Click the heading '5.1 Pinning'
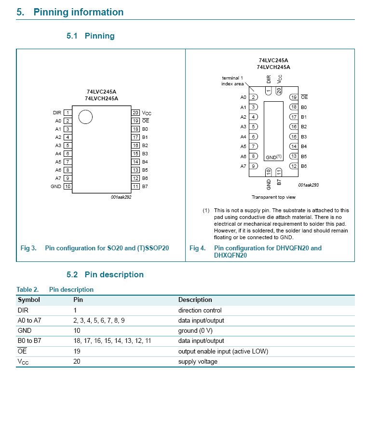click(x=91, y=36)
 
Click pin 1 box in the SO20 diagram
click(x=68, y=113)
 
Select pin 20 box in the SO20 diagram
click(x=135, y=113)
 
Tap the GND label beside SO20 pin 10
click(x=56, y=187)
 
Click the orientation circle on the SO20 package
click(x=85, y=117)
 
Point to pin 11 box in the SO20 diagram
click(x=135, y=187)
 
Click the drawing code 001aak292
click(x=121, y=197)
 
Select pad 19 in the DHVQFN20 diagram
click(x=293, y=97)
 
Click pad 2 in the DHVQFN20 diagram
click(x=254, y=97)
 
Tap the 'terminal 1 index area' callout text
click(x=232, y=81)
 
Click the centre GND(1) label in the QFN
click(x=273, y=157)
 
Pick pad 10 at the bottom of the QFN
click(x=269, y=172)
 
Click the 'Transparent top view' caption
click(x=273, y=197)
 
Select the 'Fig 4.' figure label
click(x=198, y=248)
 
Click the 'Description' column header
click(x=195, y=300)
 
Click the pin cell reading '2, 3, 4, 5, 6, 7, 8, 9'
click(x=99, y=321)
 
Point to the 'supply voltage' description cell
click(x=198, y=362)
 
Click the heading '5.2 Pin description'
click(x=105, y=275)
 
